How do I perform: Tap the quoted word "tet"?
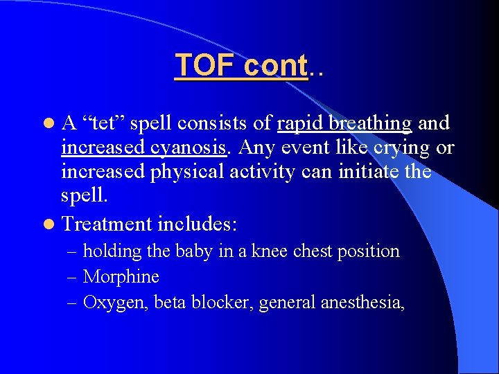coord(104,124)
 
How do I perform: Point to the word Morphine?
coord(121,277)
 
